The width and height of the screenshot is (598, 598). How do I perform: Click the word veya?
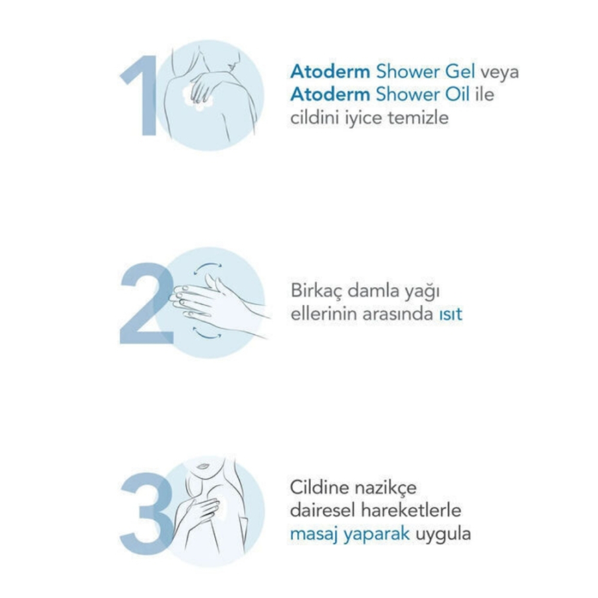[500, 72]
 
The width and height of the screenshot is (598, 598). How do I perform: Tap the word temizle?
[418, 118]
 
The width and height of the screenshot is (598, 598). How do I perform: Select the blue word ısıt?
[450, 315]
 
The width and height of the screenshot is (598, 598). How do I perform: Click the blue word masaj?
[314, 534]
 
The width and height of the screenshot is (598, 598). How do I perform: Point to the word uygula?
[443, 535]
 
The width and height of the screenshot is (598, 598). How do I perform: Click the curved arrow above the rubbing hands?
[207, 265]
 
